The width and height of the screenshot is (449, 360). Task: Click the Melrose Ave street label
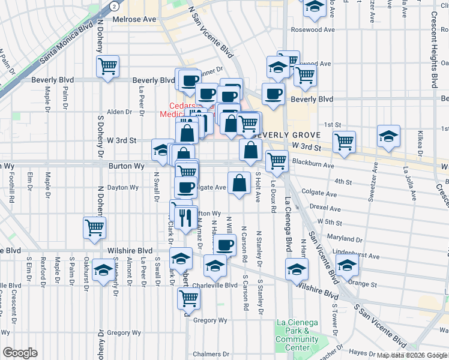(135, 19)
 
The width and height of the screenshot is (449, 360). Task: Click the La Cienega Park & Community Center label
(297, 335)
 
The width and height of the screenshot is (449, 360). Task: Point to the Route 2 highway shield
(114, 5)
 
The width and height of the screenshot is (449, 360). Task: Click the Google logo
(20, 353)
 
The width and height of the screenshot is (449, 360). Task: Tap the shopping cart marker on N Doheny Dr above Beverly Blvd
(107, 66)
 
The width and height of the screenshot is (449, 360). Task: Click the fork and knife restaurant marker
(185, 217)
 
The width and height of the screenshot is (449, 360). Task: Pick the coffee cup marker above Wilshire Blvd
(225, 245)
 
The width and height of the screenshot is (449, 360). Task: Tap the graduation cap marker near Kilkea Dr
(388, 136)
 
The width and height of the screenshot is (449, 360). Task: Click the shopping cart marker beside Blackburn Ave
(276, 160)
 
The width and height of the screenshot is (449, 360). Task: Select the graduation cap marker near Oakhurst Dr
(103, 271)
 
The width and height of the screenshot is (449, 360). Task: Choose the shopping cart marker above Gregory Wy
(188, 297)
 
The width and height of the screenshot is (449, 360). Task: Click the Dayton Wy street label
(122, 187)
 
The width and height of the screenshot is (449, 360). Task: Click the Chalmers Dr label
(208, 354)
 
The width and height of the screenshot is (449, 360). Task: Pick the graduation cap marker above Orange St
(347, 264)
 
